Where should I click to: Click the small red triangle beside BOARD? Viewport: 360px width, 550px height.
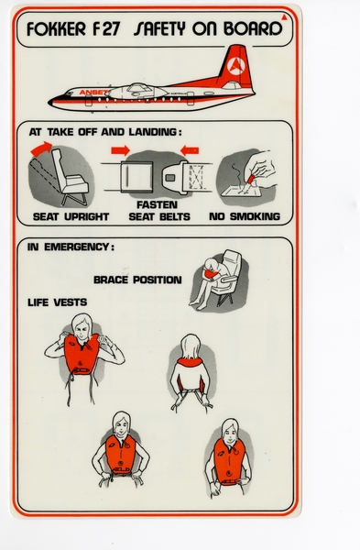tap(286, 17)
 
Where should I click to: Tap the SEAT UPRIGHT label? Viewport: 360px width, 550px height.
tap(71, 217)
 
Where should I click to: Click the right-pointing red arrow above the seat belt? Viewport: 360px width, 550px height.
tap(119, 148)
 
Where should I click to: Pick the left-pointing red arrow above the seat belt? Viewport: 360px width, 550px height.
tap(189, 148)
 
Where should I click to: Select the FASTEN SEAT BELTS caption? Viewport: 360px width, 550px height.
tap(157, 211)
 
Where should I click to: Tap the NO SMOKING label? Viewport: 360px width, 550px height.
tap(244, 217)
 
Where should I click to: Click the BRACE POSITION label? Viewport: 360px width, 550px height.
tap(137, 279)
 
